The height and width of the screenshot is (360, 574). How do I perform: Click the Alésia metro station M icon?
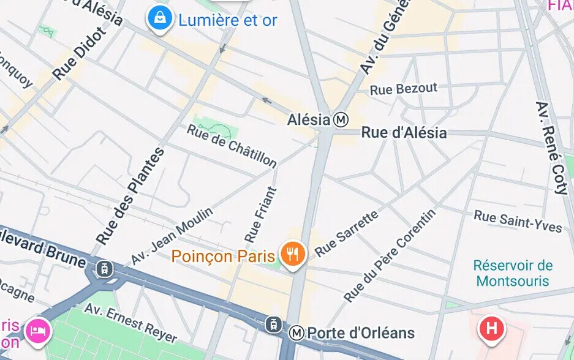341,119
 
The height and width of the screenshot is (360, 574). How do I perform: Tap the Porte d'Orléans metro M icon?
296,332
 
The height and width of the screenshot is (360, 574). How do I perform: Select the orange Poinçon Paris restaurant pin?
293,253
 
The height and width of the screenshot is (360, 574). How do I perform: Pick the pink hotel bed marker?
38,331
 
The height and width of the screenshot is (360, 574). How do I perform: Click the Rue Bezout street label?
404,89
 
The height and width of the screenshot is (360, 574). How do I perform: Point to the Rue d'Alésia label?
404,132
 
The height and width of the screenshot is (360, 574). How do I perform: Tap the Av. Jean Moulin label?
172,236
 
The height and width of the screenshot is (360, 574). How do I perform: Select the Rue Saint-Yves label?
518,222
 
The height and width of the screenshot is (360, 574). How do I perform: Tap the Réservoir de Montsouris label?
513,274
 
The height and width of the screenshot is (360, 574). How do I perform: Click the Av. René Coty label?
552,147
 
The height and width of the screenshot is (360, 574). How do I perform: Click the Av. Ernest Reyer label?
130,323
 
